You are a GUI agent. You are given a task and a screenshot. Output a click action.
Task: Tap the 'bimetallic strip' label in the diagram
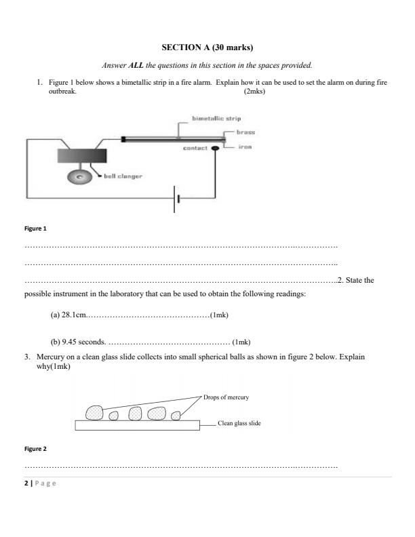[x=213, y=118]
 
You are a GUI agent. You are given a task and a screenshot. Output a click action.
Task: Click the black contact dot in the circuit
[x=215, y=147]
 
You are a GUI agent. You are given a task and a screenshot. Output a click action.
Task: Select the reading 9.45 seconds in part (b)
[x=84, y=341]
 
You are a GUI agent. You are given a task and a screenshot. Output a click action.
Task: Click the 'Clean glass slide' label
[x=239, y=422]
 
